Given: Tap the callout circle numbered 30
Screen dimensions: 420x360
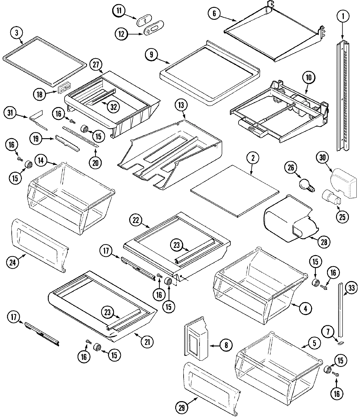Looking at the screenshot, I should [323, 158].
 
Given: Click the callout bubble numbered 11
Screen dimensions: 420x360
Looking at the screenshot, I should [119, 11].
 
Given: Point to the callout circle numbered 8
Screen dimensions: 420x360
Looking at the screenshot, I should [226, 345].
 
